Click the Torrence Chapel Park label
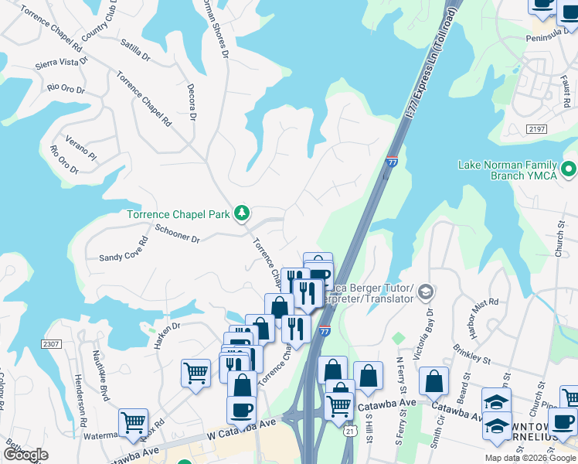(x=178, y=214)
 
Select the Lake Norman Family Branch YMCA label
(x=507, y=169)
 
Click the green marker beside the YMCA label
(x=569, y=168)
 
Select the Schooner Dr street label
(x=177, y=233)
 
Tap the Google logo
(x=25, y=455)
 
